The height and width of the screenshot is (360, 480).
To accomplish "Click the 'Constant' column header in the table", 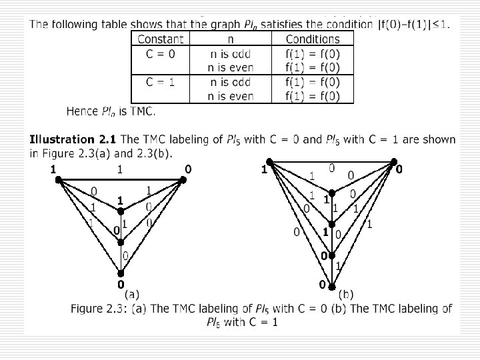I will [x=161, y=39].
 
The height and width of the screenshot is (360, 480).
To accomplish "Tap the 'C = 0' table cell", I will [x=161, y=53].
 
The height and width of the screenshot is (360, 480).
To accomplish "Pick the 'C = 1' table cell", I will [x=161, y=82].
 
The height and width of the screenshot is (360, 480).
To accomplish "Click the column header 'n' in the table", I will [x=231, y=39].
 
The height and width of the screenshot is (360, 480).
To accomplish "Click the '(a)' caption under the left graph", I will [x=131, y=293].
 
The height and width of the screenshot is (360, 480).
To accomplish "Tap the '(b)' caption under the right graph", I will [x=346, y=293].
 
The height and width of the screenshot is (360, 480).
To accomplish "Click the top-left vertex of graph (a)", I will [x=59, y=179].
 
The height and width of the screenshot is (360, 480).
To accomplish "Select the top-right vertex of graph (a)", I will [x=182, y=179].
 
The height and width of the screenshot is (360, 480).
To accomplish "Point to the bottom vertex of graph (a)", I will [x=121, y=273].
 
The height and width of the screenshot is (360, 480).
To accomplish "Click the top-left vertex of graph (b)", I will [x=269, y=162].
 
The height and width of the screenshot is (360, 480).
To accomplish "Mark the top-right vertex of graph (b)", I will [x=394, y=161].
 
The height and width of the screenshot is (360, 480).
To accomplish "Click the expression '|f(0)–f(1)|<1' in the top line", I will [x=411, y=25].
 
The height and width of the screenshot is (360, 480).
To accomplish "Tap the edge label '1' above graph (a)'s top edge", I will [x=120, y=169].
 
